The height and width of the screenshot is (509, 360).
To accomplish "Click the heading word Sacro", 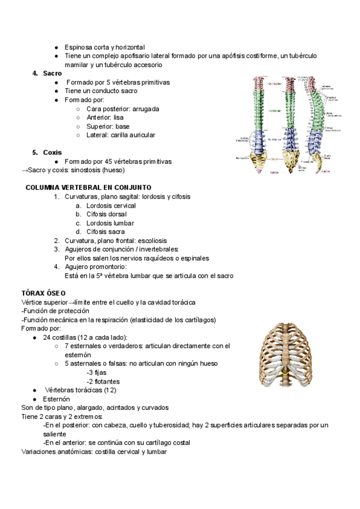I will point(52,73).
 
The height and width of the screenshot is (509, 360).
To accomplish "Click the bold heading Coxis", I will point(52,152).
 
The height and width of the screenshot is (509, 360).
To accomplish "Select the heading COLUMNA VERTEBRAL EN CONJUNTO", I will point(88,188).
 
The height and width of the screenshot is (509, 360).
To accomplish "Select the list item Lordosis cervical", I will point(111,205).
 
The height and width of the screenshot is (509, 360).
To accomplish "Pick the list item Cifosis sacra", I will point(106,232).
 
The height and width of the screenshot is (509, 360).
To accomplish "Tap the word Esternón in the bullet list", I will point(56,399).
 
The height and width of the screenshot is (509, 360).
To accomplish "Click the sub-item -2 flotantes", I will point(103,381).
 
